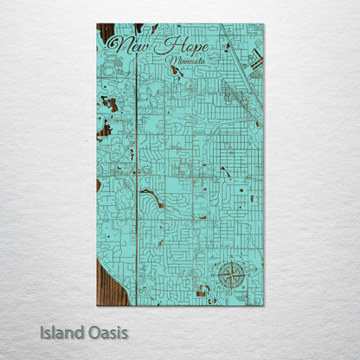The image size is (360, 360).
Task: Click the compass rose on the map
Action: click(x=230, y=274)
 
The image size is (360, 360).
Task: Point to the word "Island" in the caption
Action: click(x=61, y=331)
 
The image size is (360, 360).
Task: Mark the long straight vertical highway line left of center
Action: click(x=137, y=173)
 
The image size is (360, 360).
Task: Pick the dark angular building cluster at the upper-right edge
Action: click(x=256, y=60)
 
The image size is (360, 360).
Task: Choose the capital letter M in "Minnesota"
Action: click(x=176, y=61)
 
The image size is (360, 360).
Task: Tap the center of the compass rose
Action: click(x=230, y=274)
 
